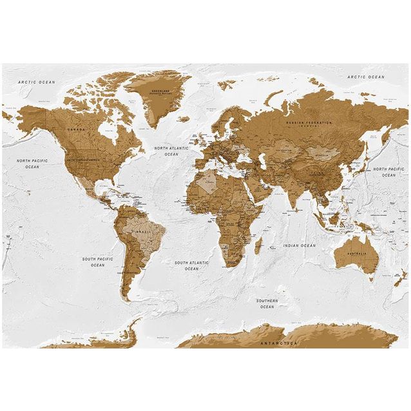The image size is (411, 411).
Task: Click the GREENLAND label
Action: tap(160, 93)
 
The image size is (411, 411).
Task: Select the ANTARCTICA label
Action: tap(279, 344)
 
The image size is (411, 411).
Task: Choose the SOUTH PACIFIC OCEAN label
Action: tap(97, 262)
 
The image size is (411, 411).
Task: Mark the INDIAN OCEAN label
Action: tap(300, 245)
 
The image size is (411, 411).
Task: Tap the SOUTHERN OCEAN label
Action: tap(267, 303)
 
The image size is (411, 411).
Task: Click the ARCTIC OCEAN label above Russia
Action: tap(365, 77)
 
